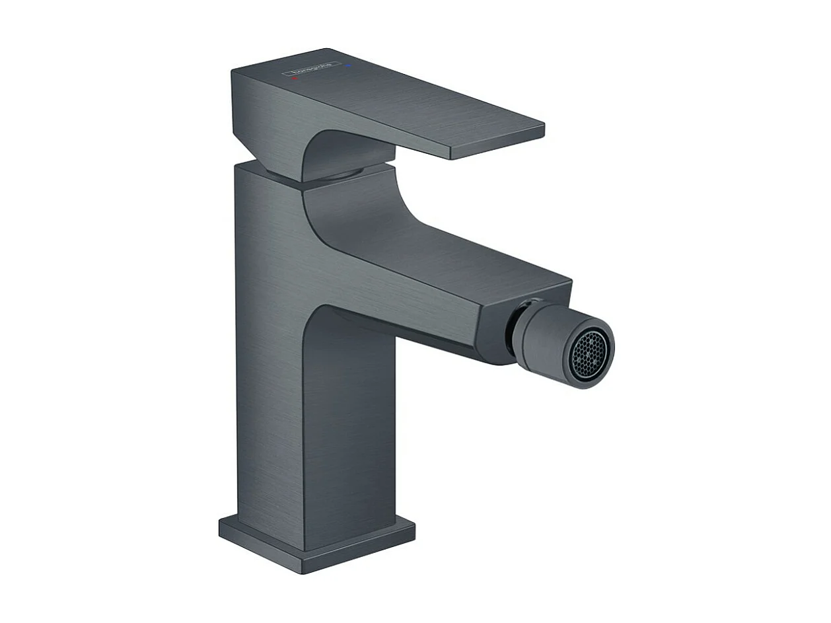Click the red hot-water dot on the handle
(x=295, y=78)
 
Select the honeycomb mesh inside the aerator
(x=588, y=354)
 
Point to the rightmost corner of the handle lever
(x=543, y=127)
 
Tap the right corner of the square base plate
(x=414, y=527)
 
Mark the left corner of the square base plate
(x=221, y=527)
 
